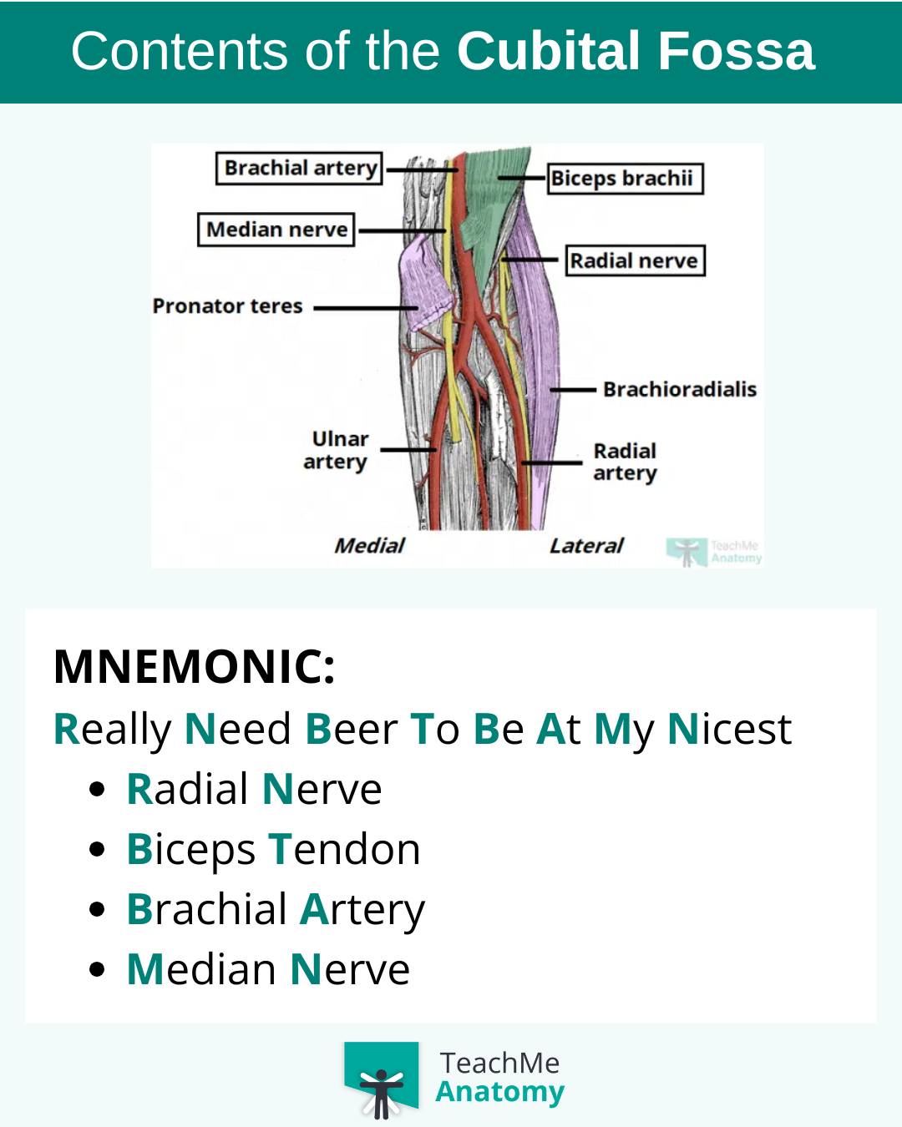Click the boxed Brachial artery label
click(x=299, y=168)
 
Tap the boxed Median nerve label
click(x=276, y=230)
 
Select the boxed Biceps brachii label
click(x=626, y=179)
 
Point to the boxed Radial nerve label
click(x=636, y=260)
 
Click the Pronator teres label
click(x=227, y=306)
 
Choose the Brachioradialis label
click(x=680, y=389)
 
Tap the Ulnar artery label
click(x=337, y=450)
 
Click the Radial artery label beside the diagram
click(x=625, y=462)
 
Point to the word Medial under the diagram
click(x=370, y=546)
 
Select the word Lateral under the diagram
click(x=586, y=546)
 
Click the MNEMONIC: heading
click(x=194, y=666)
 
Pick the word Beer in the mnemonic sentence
click(x=352, y=729)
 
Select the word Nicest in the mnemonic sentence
click(x=730, y=729)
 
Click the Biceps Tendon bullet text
click(x=274, y=850)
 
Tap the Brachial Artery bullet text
click(x=276, y=910)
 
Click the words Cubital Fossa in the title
click(x=636, y=51)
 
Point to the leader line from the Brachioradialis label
click(x=573, y=390)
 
